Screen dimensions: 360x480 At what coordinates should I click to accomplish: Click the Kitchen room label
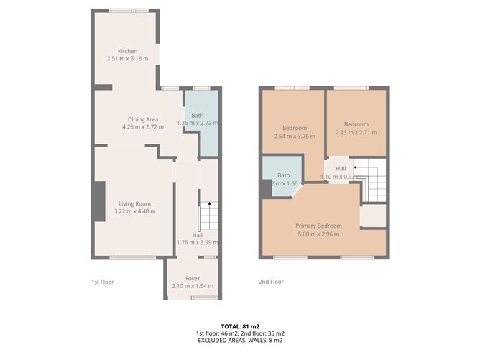tap(127, 51)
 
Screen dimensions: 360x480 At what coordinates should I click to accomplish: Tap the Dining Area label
tap(143, 119)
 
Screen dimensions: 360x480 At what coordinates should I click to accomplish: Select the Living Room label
tap(136, 203)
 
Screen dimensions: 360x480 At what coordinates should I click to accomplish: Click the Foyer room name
tap(192, 278)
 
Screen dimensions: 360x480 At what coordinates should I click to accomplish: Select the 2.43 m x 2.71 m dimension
tap(356, 131)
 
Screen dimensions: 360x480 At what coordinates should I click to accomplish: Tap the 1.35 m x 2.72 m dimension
tap(198, 124)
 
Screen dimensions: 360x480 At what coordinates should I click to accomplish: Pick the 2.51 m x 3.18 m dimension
tap(127, 58)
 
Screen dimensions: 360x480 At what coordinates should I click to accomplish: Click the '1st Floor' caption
tap(102, 282)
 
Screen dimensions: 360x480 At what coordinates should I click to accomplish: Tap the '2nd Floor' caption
tap(271, 282)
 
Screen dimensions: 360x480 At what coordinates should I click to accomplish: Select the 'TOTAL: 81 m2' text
tap(239, 326)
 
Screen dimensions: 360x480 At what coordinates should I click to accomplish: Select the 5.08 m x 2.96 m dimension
tap(318, 234)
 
